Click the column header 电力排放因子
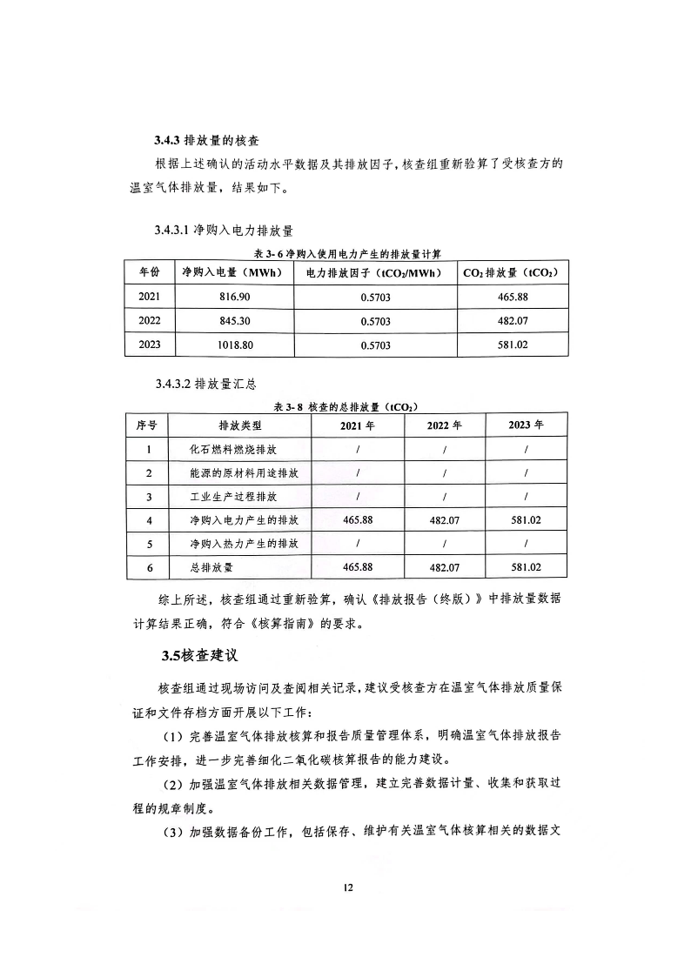point(375,272)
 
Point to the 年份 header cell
point(150,272)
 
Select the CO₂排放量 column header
point(511,272)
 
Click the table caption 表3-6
point(347,253)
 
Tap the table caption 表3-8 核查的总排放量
point(346,406)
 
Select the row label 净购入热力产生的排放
point(245,544)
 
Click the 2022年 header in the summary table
point(444,426)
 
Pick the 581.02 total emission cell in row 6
point(526,567)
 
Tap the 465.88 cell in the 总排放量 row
point(358,567)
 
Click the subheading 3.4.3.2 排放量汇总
point(205,384)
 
